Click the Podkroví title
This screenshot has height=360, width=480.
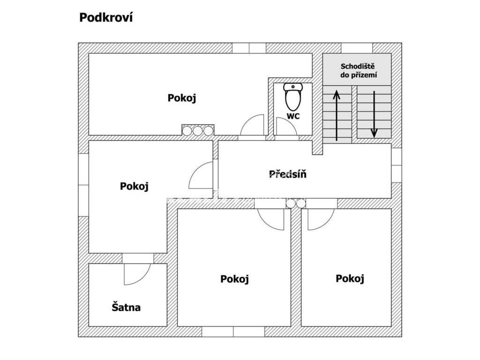coord(106,18)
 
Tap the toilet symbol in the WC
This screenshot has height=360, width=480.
coord(293,97)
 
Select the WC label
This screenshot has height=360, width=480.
coord(293,116)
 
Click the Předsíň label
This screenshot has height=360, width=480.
coord(288,174)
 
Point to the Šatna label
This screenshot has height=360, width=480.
coord(126,307)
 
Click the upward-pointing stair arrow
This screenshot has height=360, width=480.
coord(337,115)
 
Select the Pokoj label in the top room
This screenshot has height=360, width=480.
coord(181,98)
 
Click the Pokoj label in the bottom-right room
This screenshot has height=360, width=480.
coord(350,278)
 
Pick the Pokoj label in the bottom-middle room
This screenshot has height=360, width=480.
coord(234,279)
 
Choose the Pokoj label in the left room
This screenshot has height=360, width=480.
coord(134,186)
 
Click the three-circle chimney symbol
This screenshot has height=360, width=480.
coord(198,130)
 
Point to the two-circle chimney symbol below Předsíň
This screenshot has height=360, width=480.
coord(295,203)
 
